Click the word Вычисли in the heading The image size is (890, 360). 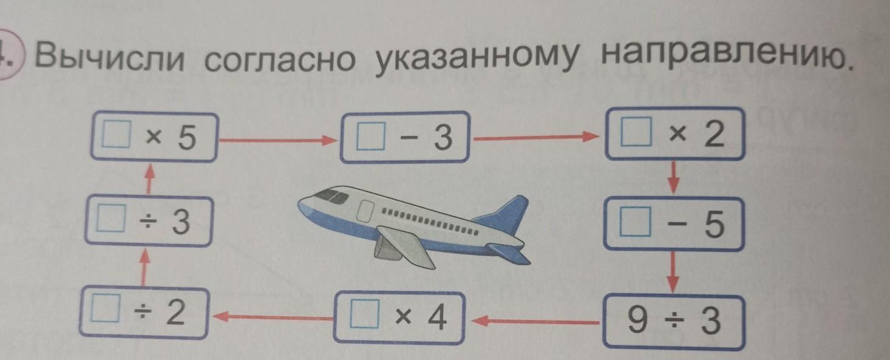109,58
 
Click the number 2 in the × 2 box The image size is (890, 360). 715,136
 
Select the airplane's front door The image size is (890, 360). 366,211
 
